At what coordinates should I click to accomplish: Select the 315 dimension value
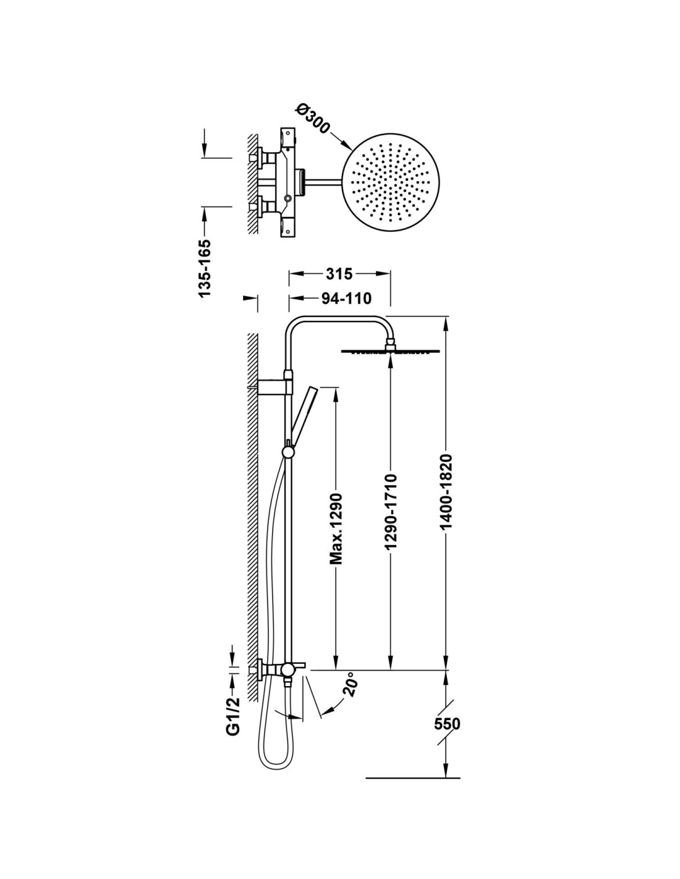click(339, 273)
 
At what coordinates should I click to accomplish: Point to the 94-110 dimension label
click(346, 299)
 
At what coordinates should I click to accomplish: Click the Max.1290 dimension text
click(336, 529)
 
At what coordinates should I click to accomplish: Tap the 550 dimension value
click(447, 723)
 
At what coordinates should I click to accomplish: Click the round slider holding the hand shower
click(288, 452)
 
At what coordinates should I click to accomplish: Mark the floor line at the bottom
click(413, 777)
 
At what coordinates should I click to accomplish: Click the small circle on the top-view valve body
click(287, 198)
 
